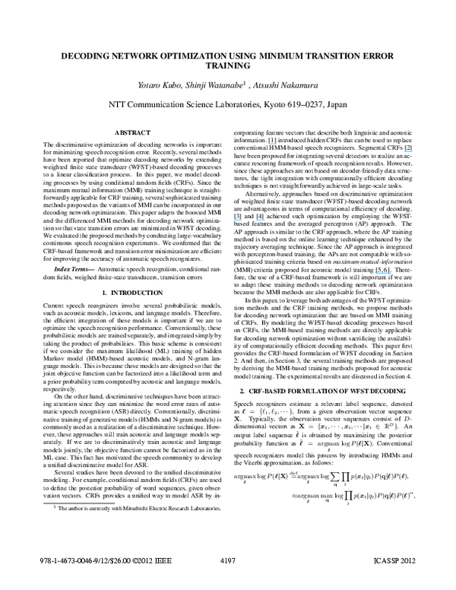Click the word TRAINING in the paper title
pyautogui.click(x=228, y=66)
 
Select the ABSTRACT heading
pyautogui.click(x=131, y=132)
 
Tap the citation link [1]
pyautogui.click(x=272, y=141)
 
